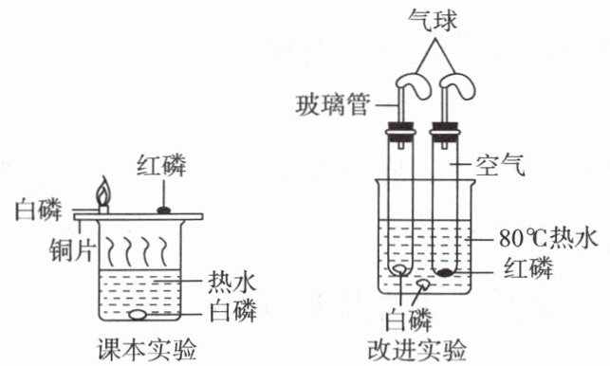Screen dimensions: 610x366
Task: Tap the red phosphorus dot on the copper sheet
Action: click(164, 210)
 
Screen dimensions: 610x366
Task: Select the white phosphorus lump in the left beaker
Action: click(138, 315)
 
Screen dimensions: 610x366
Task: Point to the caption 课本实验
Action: click(146, 350)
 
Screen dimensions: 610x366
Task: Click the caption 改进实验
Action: click(416, 350)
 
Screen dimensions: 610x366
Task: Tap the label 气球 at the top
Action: click(433, 21)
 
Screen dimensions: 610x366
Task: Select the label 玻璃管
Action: click(332, 105)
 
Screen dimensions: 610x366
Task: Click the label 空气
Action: click(501, 165)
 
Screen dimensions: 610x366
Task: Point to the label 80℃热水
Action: click(547, 238)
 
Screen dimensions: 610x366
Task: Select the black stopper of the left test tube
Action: click(400, 132)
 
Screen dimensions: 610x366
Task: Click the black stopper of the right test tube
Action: click(444, 132)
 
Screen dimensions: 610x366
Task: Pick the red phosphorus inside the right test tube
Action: click(444, 272)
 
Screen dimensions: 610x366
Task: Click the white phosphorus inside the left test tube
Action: click(400, 269)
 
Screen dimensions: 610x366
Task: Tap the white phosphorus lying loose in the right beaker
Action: click(423, 284)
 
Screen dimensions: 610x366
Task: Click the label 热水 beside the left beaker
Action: click(232, 282)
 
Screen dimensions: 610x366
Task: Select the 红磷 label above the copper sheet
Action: click(161, 165)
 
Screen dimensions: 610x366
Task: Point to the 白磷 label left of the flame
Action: click(38, 210)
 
